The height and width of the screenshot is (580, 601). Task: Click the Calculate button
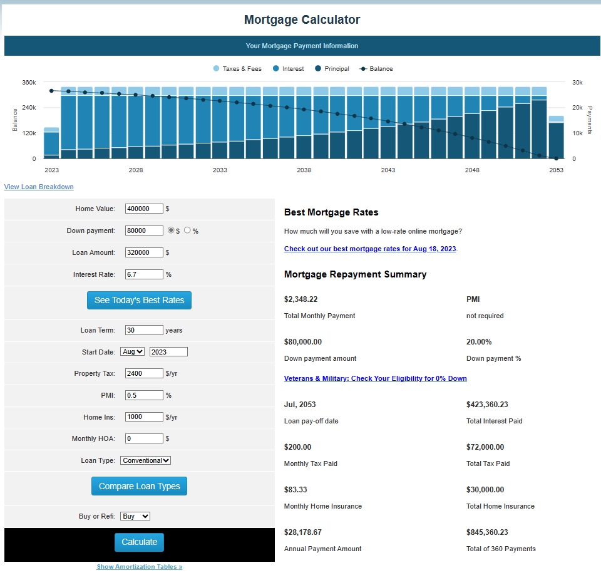click(139, 542)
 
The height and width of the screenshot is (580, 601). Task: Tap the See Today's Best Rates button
click(139, 300)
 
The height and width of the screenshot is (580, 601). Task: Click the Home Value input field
click(144, 209)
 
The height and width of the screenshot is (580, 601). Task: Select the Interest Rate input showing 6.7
click(144, 274)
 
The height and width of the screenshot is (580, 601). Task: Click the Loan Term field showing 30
click(144, 330)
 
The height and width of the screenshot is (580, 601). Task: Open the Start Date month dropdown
click(133, 352)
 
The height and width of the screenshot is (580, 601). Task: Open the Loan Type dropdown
click(145, 460)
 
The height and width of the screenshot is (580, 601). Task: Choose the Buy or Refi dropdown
click(135, 516)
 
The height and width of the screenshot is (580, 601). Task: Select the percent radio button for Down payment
click(187, 230)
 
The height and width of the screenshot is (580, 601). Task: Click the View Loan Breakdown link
click(39, 187)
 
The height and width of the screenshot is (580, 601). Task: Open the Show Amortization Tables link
click(139, 567)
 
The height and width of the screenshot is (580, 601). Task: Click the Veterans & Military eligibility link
click(375, 378)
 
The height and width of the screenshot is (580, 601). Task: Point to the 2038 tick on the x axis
click(304, 170)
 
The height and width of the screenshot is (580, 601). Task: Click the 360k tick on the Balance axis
click(29, 83)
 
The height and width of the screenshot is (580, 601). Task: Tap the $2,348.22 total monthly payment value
click(301, 299)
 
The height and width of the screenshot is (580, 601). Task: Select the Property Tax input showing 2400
click(144, 373)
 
